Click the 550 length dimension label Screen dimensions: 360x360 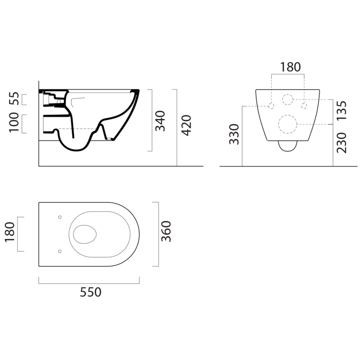coord(90,292)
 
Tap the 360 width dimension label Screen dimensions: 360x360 coord(166,231)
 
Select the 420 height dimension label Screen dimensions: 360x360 coord(186,125)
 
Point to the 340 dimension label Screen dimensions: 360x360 coord(160,121)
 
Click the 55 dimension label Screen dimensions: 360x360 coord(14,98)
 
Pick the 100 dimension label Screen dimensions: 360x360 coord(14,122)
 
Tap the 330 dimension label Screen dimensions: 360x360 coord(234,134)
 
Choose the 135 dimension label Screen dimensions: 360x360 coord(341,110)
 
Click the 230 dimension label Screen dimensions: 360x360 coord(341,143)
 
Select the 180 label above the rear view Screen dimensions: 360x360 coord(290,67)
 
